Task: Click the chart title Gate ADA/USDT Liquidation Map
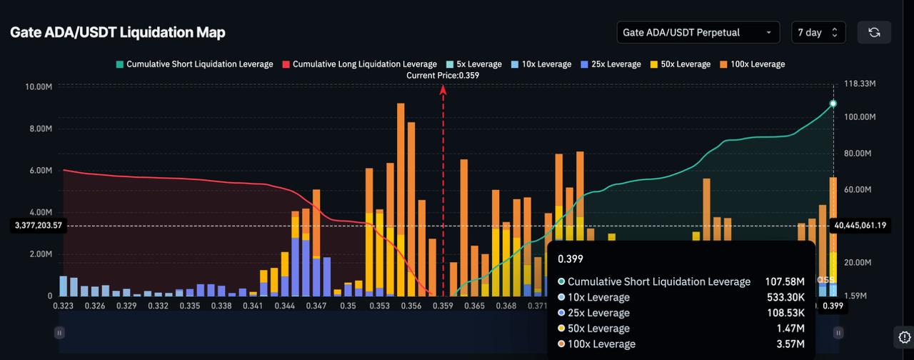(118, 32)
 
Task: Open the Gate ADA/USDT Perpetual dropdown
(698, 32)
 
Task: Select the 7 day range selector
(818, 32)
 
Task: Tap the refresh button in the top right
(874, 32)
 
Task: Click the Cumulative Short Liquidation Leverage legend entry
(195, 64)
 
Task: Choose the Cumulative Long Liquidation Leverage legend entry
(359, 64)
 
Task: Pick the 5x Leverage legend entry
(473, 64)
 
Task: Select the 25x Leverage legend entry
(611, 64)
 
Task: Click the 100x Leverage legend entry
(753, 64)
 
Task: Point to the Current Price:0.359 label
(443, 76)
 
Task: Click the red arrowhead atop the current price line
(443, 90)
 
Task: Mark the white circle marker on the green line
(833, 104)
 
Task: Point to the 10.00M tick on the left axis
(39, 87)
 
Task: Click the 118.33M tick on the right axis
(860, 84)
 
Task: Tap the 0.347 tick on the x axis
(316, 306)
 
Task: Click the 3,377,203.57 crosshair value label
(39, 225)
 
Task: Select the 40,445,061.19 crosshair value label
(860, 225)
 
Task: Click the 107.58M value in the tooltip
(785, 281)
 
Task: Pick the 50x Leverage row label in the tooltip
(598, 328)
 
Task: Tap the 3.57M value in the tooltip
(790, 344)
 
